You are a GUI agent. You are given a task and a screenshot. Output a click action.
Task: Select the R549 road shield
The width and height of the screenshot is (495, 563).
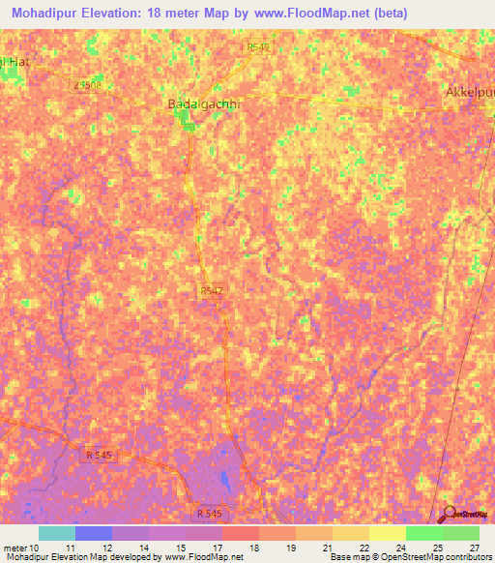258,46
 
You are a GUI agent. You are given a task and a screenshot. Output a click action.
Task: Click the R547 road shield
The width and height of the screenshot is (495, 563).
212,289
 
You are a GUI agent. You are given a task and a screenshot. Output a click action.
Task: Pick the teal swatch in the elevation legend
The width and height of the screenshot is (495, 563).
56,533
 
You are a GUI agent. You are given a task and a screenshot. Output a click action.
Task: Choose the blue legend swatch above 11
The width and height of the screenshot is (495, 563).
93,533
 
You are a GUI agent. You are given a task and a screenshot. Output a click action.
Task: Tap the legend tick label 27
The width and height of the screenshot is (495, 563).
474,548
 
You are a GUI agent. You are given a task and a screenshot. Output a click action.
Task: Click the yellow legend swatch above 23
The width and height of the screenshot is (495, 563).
387,533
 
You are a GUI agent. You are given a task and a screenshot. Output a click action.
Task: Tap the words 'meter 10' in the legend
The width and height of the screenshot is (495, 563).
20,548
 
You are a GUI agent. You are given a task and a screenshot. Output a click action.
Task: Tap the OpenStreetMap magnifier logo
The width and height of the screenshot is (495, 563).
449,514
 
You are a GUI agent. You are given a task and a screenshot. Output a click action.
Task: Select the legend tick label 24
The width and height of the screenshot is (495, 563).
401,548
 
